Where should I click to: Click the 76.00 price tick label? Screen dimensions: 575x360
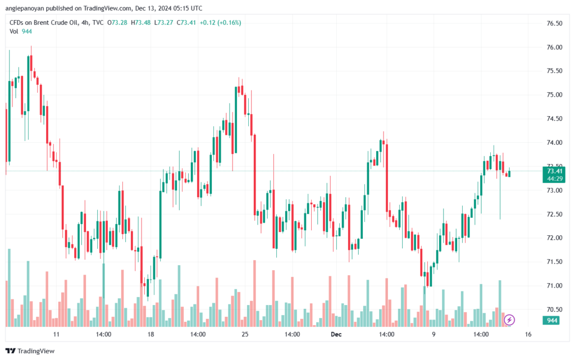click(554, 47)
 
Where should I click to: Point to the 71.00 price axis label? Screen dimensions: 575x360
click(554, 285)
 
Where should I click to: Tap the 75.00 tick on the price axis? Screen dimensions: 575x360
click(554, 95)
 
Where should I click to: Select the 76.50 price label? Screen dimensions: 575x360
click(554, 24)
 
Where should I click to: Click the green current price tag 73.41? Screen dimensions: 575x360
click(554, 171)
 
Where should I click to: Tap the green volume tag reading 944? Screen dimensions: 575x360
click(552, 321)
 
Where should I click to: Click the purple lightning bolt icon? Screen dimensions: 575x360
click(509, 320)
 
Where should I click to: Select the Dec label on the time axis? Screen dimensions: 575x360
click(336, 334)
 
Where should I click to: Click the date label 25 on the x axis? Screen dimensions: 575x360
click(245, 334)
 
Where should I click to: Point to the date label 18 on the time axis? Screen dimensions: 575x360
click(150, 334)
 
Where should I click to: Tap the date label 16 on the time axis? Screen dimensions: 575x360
click(528, 334)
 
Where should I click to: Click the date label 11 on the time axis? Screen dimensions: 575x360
click(56, 334)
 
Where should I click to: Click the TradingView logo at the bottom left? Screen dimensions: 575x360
click(30, 351)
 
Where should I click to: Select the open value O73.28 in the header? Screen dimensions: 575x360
click(117, 22)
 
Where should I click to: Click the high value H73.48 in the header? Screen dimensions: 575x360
click(140, 22)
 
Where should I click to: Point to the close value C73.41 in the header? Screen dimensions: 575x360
click(186, 22)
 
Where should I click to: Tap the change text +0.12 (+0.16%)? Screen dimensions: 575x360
click(220, 22)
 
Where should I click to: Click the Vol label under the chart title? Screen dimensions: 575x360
click(13, 31)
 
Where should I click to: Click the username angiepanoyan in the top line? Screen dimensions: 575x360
click(23, 8)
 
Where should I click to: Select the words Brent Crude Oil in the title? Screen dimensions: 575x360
click(56, 22)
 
